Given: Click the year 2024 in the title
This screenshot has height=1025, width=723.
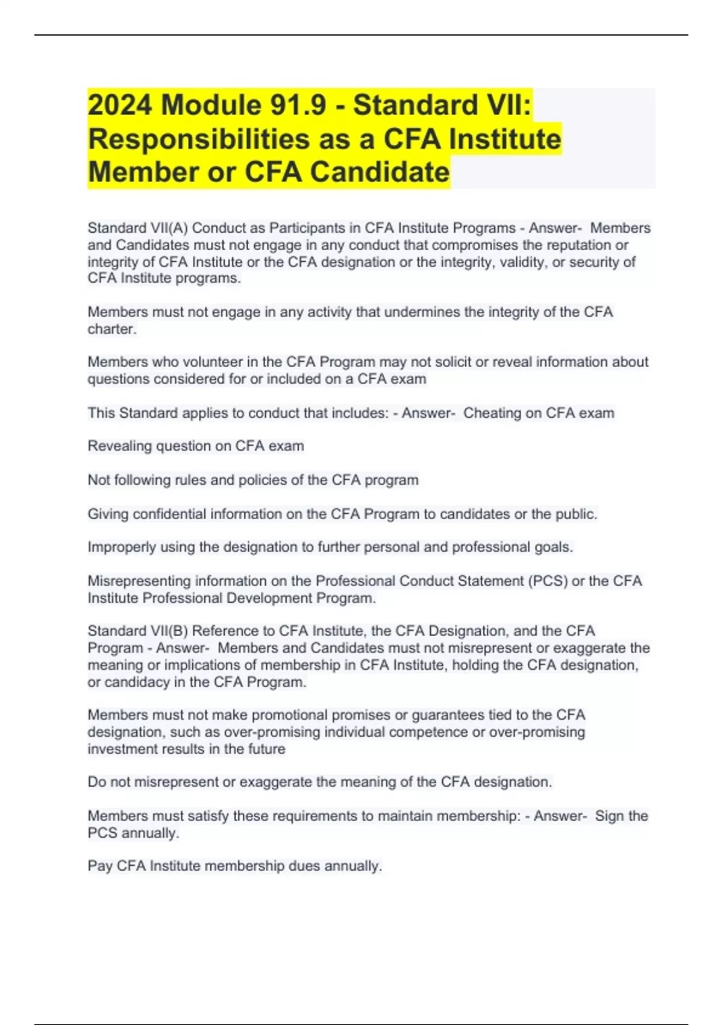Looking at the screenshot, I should coord(120,106).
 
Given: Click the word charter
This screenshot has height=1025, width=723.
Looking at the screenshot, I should coord(111,329).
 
